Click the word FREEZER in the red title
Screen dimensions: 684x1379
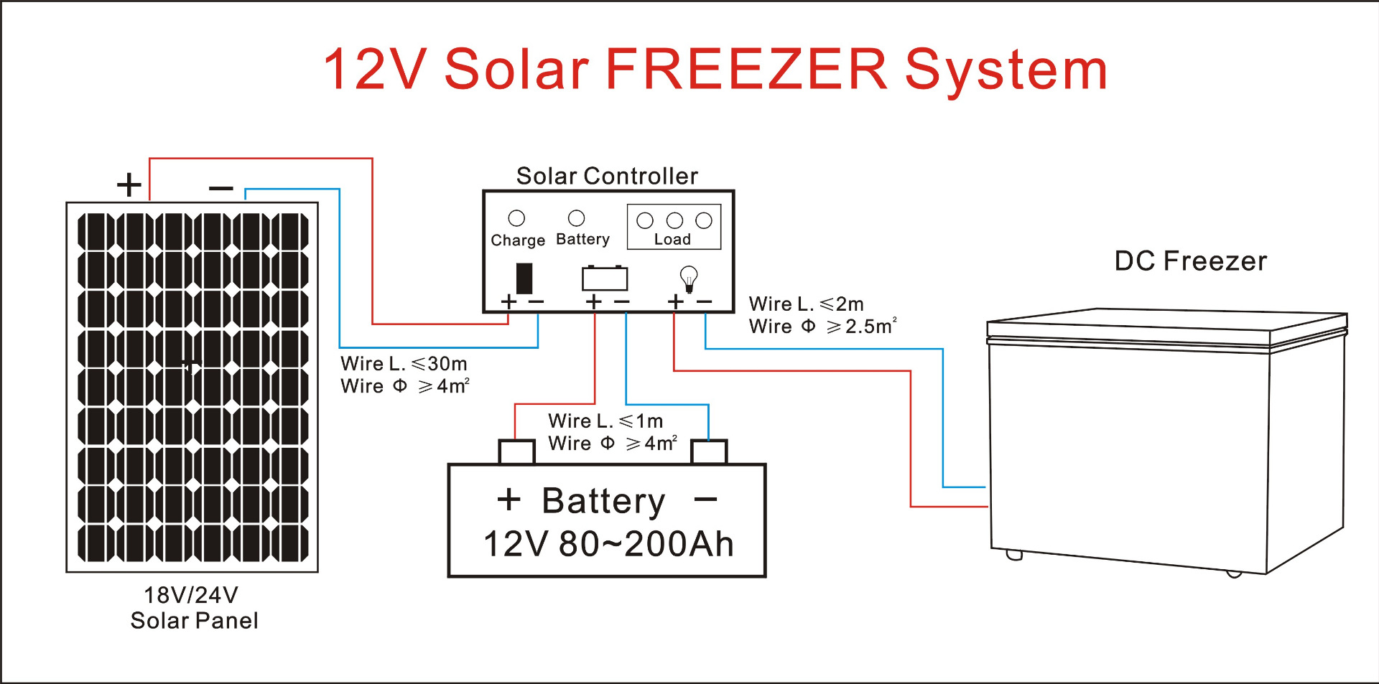pos(747,70)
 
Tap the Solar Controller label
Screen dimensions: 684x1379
pos(607,176)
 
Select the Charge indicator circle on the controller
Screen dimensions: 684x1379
pos(516,218)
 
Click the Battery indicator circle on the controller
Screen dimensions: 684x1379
pos(576,217)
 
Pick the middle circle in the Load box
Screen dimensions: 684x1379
pos(674,220)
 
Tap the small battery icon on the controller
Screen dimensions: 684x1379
pos(605,278)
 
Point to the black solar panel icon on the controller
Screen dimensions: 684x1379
pos(524,278)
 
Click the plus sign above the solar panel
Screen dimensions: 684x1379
pos(129,184)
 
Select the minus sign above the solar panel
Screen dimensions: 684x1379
pos(221,189)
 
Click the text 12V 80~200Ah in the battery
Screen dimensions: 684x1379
pos(608,544)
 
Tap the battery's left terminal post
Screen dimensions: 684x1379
pos(516,452)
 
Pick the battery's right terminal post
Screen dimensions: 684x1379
pos(709,452)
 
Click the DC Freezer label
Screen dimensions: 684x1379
pos(1190,261)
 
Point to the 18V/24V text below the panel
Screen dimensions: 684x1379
pos(191,595)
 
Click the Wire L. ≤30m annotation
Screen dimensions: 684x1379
pos(404,364)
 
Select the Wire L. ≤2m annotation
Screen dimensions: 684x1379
pos(806,304)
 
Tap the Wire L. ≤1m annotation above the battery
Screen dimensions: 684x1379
pos(605,421)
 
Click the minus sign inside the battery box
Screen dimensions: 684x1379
pos(706,499)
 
